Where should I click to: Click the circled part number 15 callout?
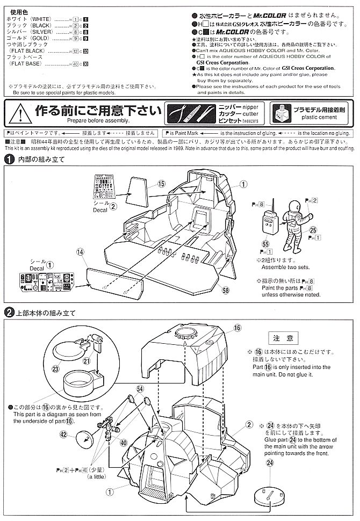161,183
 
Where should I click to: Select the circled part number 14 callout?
80,251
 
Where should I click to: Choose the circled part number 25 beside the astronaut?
313,230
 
